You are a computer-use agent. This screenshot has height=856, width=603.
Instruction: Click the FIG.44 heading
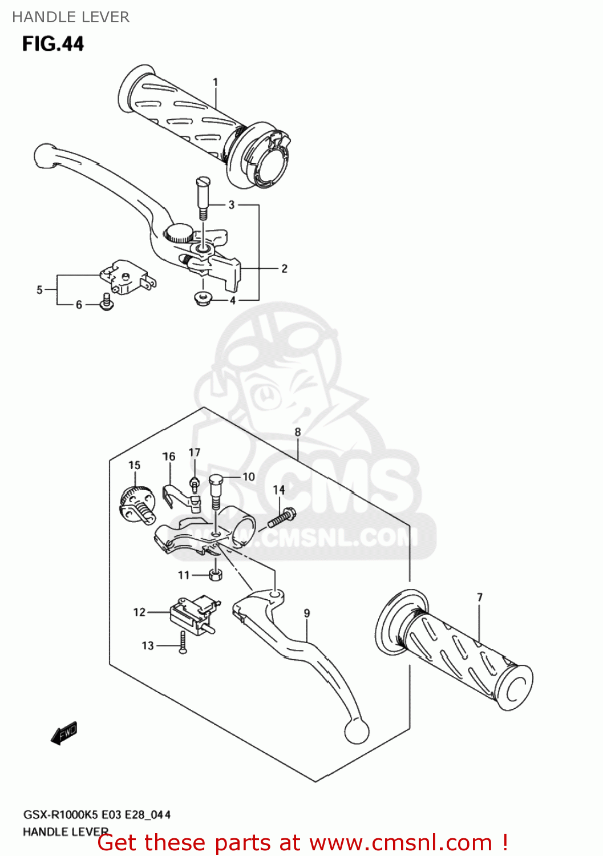click(x=52, y=43)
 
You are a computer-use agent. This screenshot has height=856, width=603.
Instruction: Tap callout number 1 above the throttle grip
click(x=215, y=82)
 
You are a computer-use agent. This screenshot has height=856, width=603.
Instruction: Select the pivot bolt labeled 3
click(x=203, y=197)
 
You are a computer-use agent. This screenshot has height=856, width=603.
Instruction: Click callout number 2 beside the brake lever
click(x=284, y=268)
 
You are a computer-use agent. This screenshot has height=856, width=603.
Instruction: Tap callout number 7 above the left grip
click(x=479, y=597)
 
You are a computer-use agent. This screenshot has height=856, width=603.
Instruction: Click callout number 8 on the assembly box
click(x=297, y=433)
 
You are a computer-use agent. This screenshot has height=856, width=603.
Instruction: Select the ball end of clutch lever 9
click(x=357, y=732)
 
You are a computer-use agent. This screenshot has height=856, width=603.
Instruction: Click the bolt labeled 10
click(x=215, y=491)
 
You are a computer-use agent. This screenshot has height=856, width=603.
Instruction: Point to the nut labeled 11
click(x=215, y=575)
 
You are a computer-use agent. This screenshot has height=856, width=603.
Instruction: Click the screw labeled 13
click(x=183, y=644)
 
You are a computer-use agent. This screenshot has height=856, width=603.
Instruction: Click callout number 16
click(x=169, y=457)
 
